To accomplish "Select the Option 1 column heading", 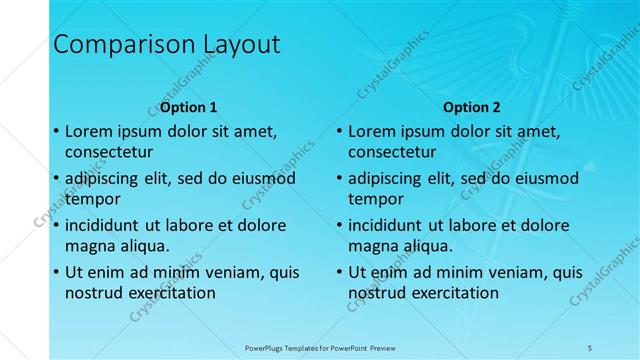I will (x=188, y=107).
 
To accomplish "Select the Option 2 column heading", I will (x=472, y=107).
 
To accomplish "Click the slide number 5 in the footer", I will (x=590, y=347).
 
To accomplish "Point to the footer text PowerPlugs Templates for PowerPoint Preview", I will (x=320, y=347).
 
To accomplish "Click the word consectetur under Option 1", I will (x=109, y=153).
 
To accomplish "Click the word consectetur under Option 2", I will (x=392, y=153).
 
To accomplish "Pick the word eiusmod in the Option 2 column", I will (x=542, y=178).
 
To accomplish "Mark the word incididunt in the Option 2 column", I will (x=388, y=225).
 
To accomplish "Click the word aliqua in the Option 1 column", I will (x=143, y=246).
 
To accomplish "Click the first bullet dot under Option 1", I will (x=55, y=131).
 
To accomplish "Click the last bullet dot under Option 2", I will (x=338, y=272).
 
